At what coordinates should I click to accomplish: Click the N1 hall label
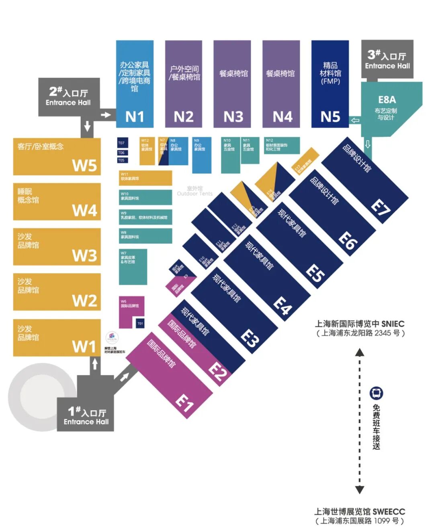click(x=135, y=117)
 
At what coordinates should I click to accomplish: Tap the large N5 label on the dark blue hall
click(x=330, y=117)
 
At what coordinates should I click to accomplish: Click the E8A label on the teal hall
click(x=387, y=99)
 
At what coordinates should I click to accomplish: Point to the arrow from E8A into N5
click(x=355, y=120)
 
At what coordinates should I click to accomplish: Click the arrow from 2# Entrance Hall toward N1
click(x=106, y=115)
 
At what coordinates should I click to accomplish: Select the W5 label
click(x=84, y=165)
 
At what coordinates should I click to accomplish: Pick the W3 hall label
click(x=84, y=255)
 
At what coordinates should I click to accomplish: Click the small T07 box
click(x=121, y=143)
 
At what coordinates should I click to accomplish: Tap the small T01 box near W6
click(x=140, y=323)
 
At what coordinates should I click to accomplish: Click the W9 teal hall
click(x=145, y=217)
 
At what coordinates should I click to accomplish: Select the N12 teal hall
click(x=281, y=146)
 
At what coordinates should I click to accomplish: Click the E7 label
click(x=380, y=208)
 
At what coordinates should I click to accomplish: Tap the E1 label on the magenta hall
click(x=184, y=403)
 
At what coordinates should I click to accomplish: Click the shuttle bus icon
click(x=376, y=393)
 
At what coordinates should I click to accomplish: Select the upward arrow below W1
click(x=95, y=364)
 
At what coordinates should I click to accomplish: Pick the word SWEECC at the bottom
click(x=389, y=512)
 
